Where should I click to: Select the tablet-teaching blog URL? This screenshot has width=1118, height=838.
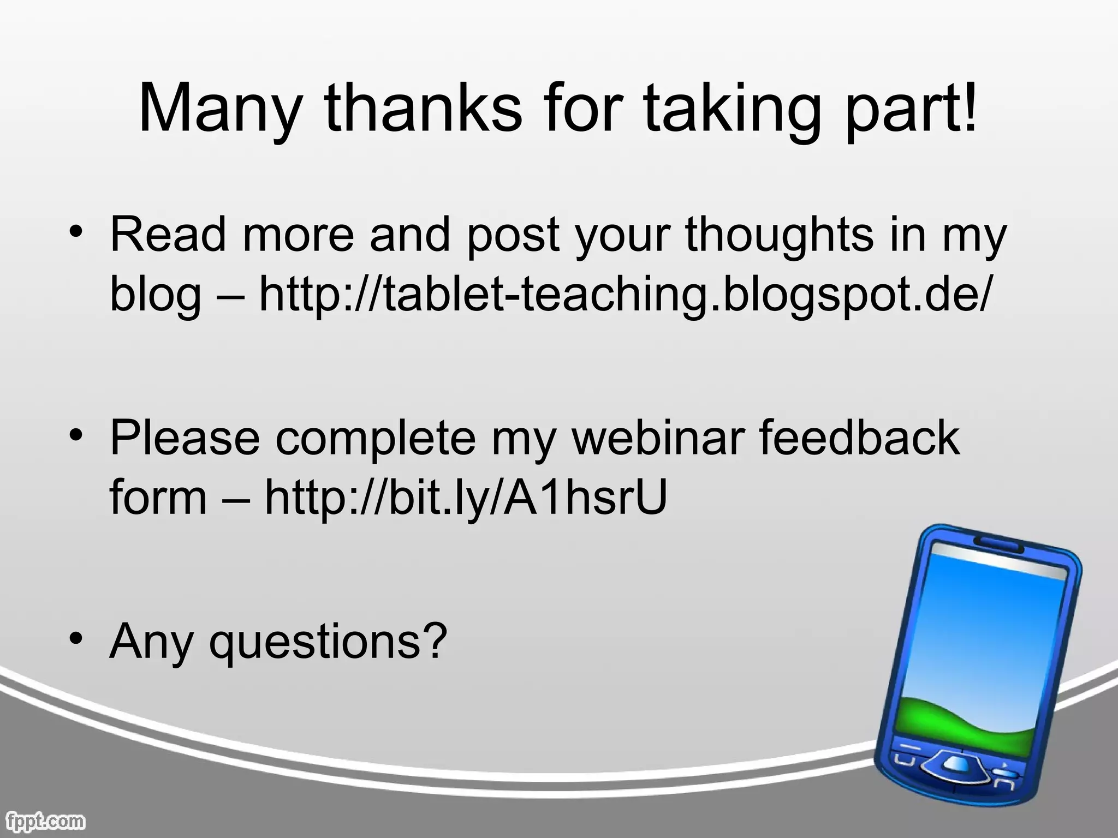[x=623, y=295]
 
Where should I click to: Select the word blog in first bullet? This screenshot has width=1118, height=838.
[x=156, y=295]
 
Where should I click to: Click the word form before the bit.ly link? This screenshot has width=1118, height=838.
[x=158, y=498]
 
